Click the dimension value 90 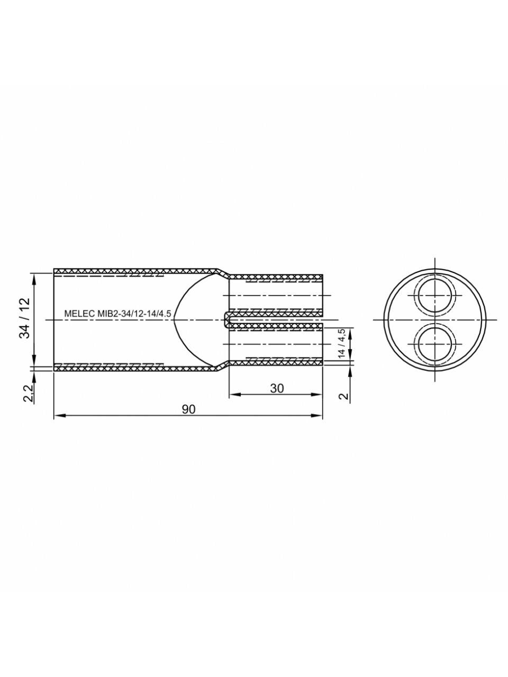point(188,409)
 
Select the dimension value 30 point(277,389)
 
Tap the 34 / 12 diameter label point(25,318)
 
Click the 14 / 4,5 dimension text point(341,343)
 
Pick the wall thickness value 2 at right point(344,396)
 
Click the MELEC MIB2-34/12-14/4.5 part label point(117,314)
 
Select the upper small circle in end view point(435,296)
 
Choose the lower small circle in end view point(435,344)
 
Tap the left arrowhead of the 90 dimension point(59,415)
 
